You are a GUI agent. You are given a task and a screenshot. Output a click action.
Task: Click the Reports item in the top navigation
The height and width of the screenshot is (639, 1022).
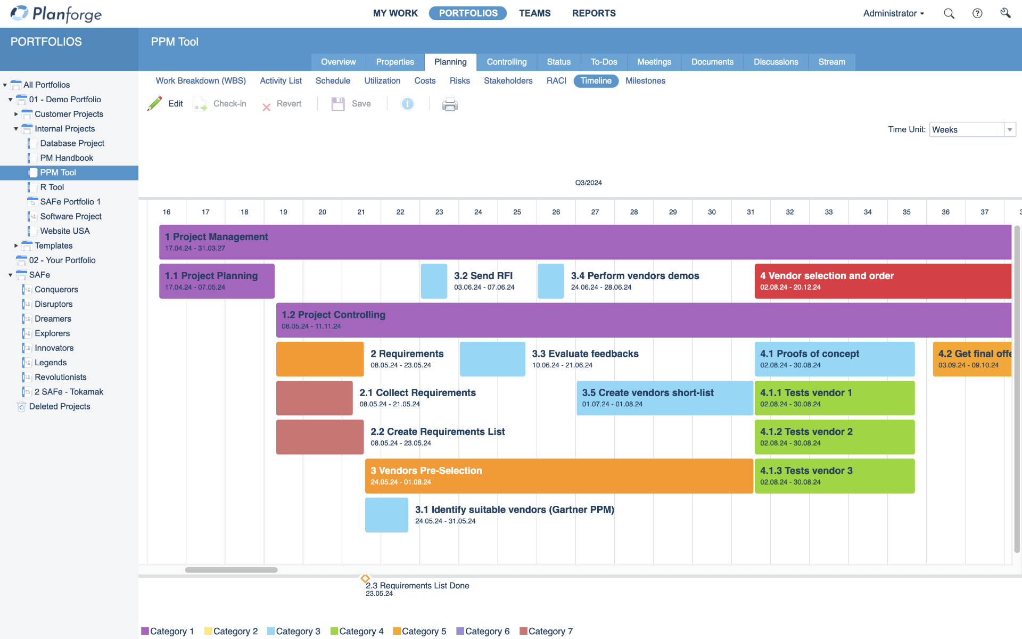594,13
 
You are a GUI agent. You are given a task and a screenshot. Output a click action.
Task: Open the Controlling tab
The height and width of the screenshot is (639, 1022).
506,62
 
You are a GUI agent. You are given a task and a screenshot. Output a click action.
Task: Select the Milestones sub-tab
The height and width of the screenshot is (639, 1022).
645,81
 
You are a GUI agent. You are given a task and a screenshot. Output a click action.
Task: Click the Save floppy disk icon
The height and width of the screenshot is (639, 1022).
338,104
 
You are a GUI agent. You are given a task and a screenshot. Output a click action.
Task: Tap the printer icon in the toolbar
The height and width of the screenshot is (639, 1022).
450,104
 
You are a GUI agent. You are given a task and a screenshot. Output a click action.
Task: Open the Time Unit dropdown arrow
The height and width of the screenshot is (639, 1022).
1009,130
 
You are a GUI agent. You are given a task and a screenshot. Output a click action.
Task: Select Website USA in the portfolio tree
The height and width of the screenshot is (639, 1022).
65,231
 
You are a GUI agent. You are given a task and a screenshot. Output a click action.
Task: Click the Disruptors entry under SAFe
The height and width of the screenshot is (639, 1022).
53,304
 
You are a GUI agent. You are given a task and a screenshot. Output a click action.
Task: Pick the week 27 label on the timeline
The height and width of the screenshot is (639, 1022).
595,212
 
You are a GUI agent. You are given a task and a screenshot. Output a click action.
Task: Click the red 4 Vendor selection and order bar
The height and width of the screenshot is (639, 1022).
882,281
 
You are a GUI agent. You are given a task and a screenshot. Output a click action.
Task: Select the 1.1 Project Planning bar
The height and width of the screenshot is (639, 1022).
217,281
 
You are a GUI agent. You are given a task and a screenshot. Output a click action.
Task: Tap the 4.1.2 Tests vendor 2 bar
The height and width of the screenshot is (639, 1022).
834,437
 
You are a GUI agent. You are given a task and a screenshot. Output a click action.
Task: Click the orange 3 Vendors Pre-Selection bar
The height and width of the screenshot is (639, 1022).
558,476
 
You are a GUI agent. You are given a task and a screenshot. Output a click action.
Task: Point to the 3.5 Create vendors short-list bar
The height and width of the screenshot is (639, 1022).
664,398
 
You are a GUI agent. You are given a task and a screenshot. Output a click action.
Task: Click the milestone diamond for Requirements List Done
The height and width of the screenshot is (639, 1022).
365,579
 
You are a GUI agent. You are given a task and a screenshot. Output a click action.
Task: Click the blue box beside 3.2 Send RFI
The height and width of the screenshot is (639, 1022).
434,281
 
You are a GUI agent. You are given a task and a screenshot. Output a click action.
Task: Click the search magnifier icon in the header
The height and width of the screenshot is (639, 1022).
949,14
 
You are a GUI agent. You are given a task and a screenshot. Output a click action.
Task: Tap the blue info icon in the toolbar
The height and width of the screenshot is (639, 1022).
408,104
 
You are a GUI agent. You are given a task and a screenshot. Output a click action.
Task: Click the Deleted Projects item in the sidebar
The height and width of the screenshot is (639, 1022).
60,407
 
